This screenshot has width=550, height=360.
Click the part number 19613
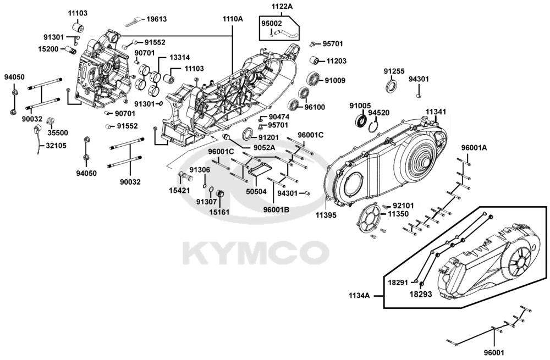tap(156, 19)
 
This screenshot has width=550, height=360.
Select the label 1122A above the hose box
tap(282, 6)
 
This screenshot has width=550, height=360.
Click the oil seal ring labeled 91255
tap(392, 87)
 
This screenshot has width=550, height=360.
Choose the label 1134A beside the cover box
tap(359, 296)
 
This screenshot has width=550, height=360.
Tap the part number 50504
tap(256, 191)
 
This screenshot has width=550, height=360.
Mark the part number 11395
tap(326, 215)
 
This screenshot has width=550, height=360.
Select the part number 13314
tap(180, 58)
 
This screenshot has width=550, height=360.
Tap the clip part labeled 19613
tap(134, 22)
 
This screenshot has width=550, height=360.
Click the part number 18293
tap(421, 294)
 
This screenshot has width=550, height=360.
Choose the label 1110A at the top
tap(233, 19)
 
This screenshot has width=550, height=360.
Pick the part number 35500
tap(58, 133)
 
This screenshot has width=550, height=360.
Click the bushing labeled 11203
tap(314, 60)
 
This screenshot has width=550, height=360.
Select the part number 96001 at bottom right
tap(494, 352)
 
